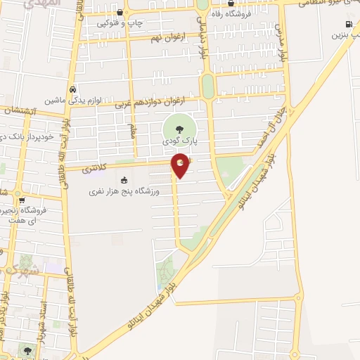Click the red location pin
click(x=181, y=165)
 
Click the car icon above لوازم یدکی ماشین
click(x=73, y=90)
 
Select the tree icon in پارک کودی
click(x=176, y=129)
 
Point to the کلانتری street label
click(x=95, y=168)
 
